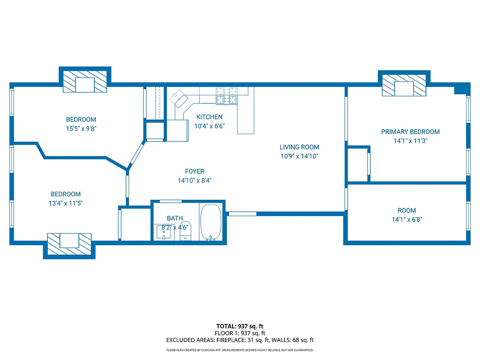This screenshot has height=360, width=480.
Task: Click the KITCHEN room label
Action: [209, 117]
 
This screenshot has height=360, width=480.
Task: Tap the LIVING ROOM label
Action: [299, 147]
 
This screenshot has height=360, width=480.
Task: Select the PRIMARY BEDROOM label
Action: [410, 132]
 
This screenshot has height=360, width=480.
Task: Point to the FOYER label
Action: [194, 171]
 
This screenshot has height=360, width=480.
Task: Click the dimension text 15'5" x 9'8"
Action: [81, 128]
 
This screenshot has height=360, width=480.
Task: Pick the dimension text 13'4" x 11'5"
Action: [66, 203]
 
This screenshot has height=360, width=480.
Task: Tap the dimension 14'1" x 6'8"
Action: [407, 220]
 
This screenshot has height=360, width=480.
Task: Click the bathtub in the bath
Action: [210, 222]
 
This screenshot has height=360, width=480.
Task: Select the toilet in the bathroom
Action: [186, 231]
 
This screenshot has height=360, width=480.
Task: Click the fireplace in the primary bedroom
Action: [404, 85]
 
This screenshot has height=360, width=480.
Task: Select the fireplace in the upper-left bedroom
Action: [85, 82]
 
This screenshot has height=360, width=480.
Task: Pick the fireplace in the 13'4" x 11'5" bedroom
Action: [69, 243]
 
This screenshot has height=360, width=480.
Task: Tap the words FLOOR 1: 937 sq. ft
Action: [240, 333]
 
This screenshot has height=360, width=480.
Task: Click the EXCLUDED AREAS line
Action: [240, 340]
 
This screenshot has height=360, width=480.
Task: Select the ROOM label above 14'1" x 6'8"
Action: [407, 211]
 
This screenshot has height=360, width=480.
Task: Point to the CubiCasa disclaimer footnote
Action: [240, 350]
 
